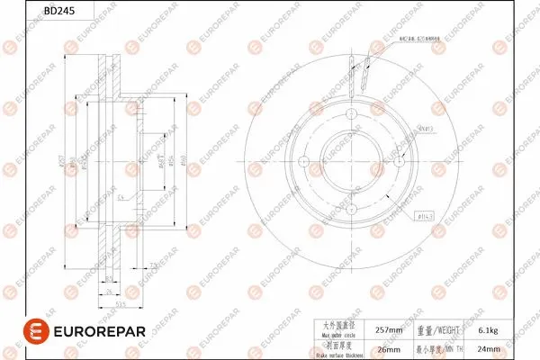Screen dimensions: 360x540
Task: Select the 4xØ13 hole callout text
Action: click(x=426, y=127)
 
